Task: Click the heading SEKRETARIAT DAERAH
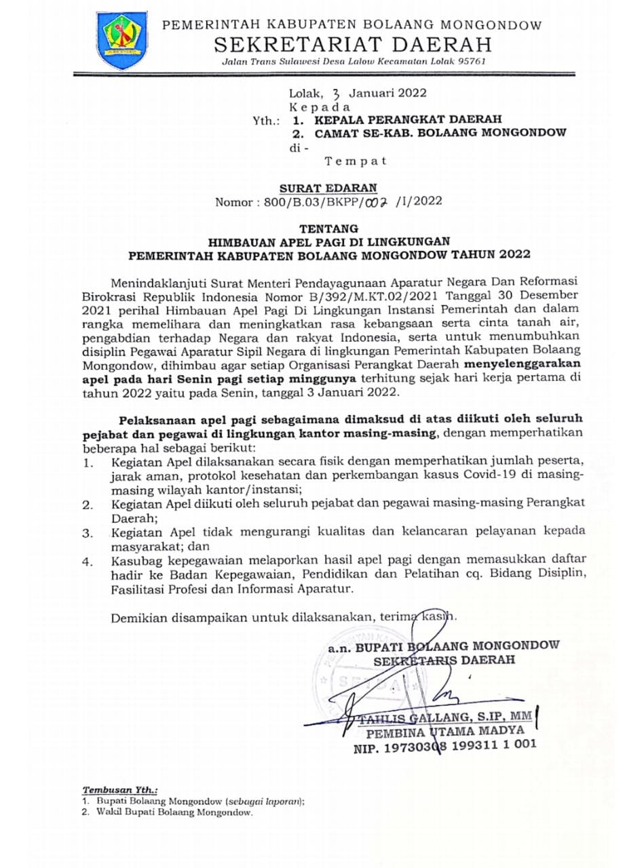(353, 46)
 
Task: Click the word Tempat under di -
(356, 161)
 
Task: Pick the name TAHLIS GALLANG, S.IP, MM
(444, 717)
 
